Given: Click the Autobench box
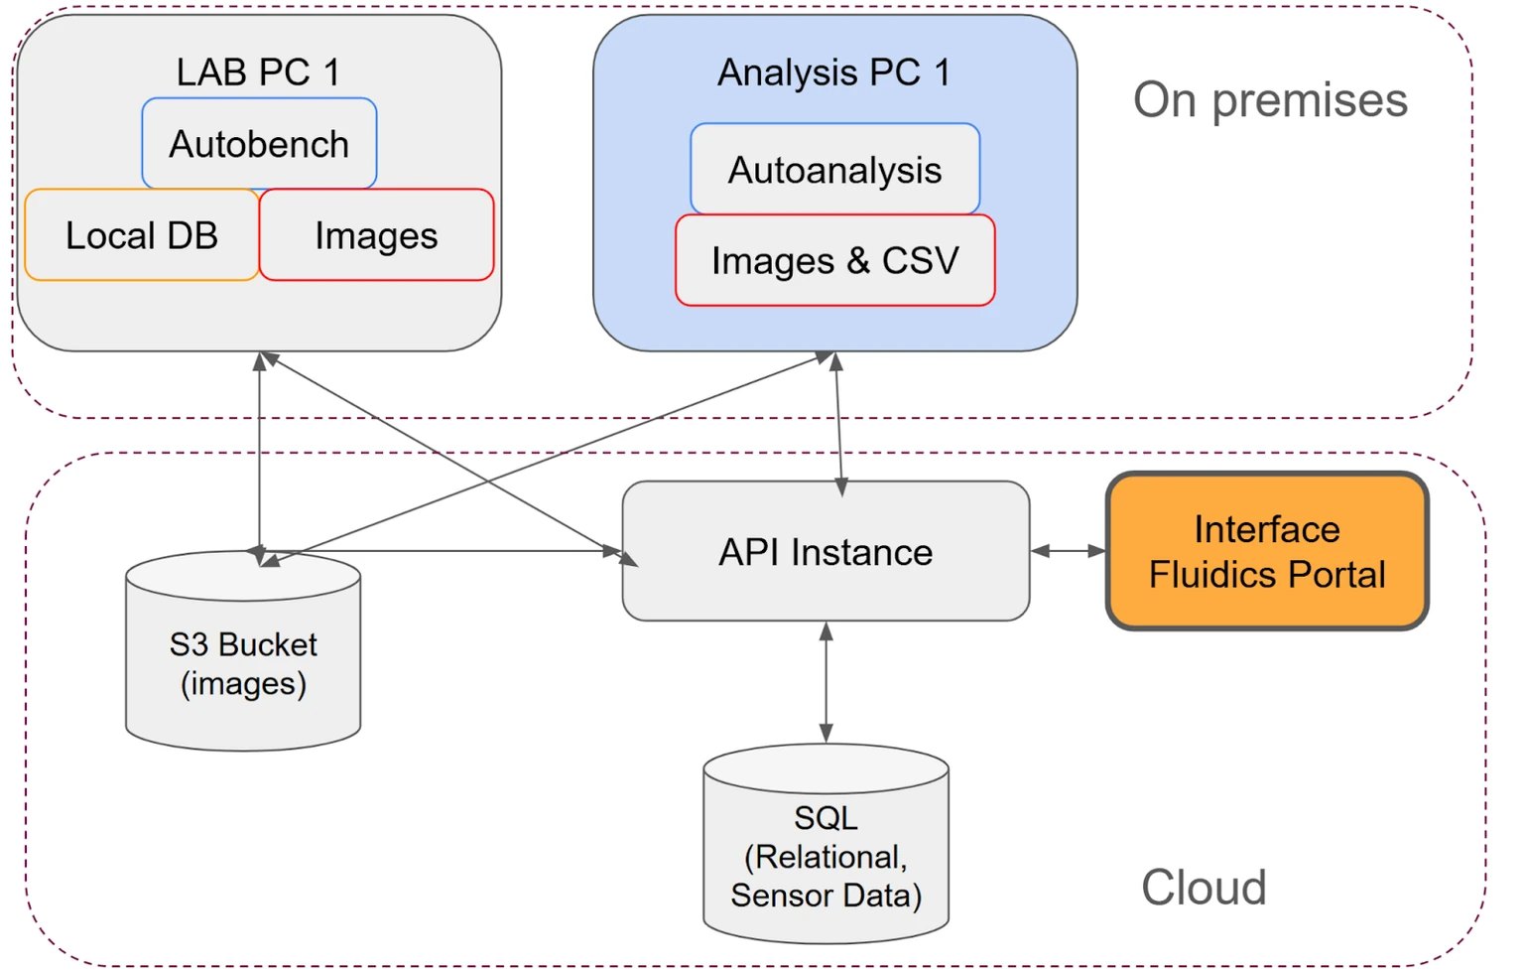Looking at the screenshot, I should (x=259, y=144).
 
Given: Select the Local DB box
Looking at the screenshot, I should (x=142, y=235).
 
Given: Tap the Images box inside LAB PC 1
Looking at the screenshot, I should (x=376, y=235).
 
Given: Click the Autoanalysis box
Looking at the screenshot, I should (x=834, y=170).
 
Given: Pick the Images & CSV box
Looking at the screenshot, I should (x=834, y=260).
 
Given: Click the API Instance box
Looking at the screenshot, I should (x=825, y=552).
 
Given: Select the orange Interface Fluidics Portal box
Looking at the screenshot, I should (x=1267, y=552).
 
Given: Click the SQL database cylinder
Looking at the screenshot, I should (x=825, y=854).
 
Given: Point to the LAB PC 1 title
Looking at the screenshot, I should (x=258, y=72).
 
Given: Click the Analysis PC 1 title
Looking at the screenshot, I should (x=833, y=72).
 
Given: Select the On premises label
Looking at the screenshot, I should (x=1270, y=99).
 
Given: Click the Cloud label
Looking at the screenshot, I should (x=1204, y=887).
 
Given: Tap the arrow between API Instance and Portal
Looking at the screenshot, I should (x=1069, y=551).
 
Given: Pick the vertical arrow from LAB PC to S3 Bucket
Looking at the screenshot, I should (x=260, y=447).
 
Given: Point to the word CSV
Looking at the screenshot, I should (x=921, y=260).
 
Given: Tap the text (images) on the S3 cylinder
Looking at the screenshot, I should (x=243, y=684).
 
